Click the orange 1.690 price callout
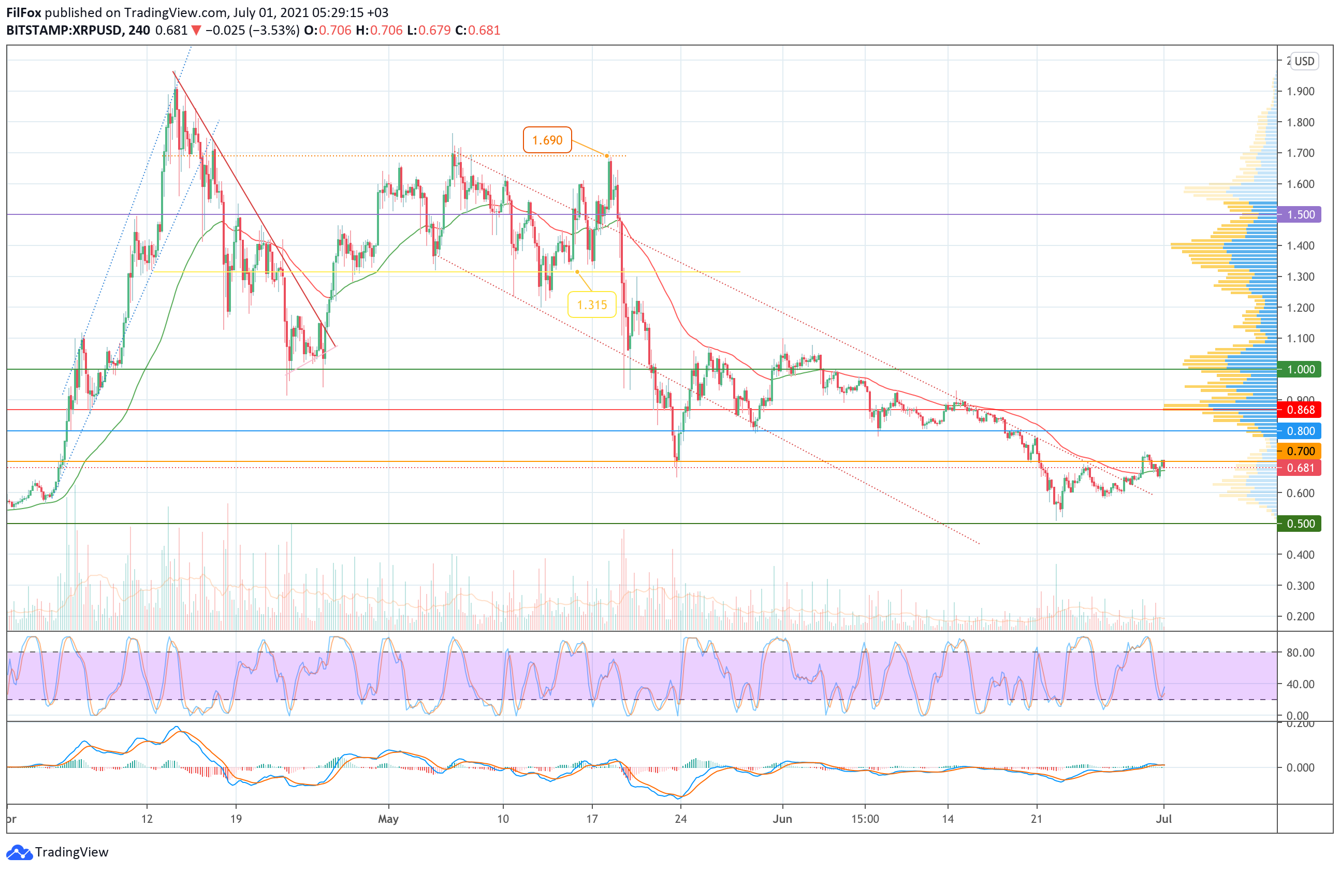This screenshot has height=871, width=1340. [x=547, y=140]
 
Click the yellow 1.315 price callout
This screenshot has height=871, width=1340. [x=591, y=304]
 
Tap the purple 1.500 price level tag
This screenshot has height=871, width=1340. [x=1300, y=214]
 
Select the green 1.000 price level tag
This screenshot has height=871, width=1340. [x=1300, y=369]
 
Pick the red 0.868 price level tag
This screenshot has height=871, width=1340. [x=1300, y=410]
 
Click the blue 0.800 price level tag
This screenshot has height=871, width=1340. [x=1300, y=431]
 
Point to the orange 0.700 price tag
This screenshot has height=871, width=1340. [x=1300, y=451]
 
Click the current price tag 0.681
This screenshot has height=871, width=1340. [x=1300, y=468]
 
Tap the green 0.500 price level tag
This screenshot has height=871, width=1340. [x=1300, y=524]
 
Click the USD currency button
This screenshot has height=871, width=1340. [x=1304, y=61]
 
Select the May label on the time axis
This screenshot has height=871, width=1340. [x=388, y=819]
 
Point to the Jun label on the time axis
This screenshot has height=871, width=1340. [x=782, y=819]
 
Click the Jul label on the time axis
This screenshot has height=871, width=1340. [x=1163, y=819]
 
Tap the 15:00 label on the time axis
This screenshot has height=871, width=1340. [x=865, y=819]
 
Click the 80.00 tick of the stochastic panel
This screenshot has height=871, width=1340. [x=1300, y=652]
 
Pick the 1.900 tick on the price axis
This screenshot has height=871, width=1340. [x=1300, y=91]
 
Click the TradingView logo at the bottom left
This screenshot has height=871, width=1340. [x=57, y=852]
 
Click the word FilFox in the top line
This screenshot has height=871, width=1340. [x=24, y=12]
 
